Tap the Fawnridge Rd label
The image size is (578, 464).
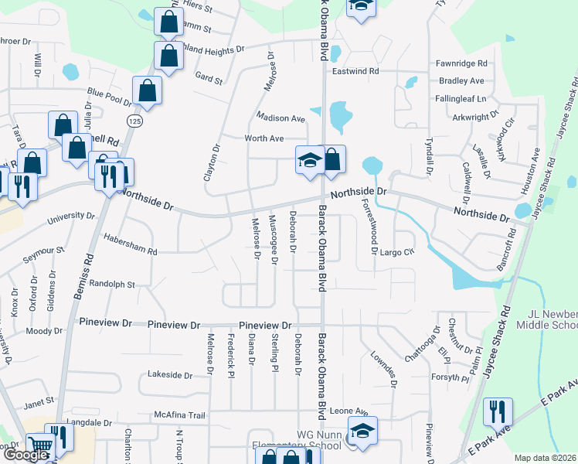(461, 63)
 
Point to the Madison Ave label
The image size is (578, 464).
(281, 118)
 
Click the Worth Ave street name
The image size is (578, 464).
(265, 138)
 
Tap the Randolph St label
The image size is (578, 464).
(112, 284)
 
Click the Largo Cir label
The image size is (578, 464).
(398, 252)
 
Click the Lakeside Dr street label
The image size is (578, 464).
(170, 375)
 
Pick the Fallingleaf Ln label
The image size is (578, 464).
(461, 99)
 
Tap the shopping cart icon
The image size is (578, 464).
(40, 446)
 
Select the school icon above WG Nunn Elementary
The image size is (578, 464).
(362, 431)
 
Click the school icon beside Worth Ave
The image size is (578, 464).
(310, 161)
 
